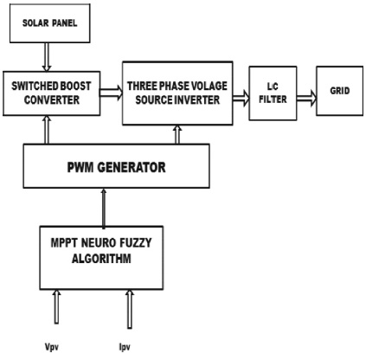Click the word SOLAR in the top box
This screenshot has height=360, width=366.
pyautogui.click(x=35, y=23)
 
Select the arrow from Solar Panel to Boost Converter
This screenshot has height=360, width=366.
pyautogui.click(x=47, y=57)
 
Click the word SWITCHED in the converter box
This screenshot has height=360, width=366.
pyautogui.click(x=31, y=86)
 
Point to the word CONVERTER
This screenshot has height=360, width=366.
pyautogui.click(x=52, y=100)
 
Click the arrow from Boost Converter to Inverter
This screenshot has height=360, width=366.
pyautogui.click(x=111, y=93)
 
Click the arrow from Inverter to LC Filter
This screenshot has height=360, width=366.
pyautogui.click(x=241, y=99)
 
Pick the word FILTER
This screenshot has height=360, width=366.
pyautogui.click(x=273, y=100)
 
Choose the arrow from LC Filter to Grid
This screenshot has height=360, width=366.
pyautogui.click(x=306, y=99)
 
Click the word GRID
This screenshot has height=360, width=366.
pyautogui.click(x=340, y=91)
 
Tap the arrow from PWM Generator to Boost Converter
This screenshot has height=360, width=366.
pyautogui.click(x=47, y=130)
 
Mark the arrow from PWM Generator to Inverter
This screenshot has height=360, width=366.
pyautogui.click(x=177, y=134)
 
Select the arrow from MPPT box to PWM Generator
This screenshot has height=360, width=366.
pyautogui.click(x=104, y=208)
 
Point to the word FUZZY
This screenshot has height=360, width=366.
pyautogui.click(x=135, y=243)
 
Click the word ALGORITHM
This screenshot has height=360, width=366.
pyautogui.click(x=101, y=259)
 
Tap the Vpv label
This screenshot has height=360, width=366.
pyautogui.click(x=52, y=347)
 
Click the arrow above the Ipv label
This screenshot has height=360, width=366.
pyautogui.click(x=130, y=309)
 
